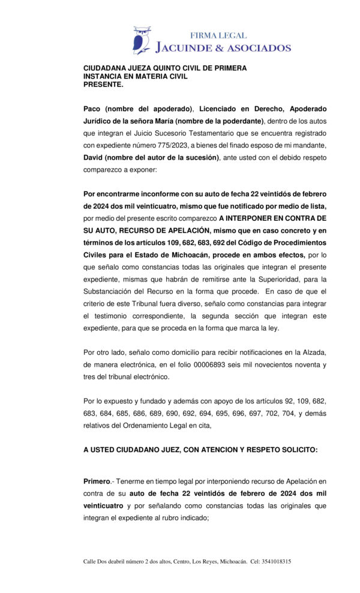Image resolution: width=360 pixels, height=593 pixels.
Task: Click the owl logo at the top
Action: pos(142,40)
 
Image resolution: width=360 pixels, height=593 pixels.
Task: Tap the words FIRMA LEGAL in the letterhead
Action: pos(218,35)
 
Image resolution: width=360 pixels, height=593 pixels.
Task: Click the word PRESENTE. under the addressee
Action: pos(103,85)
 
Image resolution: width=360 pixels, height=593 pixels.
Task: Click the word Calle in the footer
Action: pos(90,561)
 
